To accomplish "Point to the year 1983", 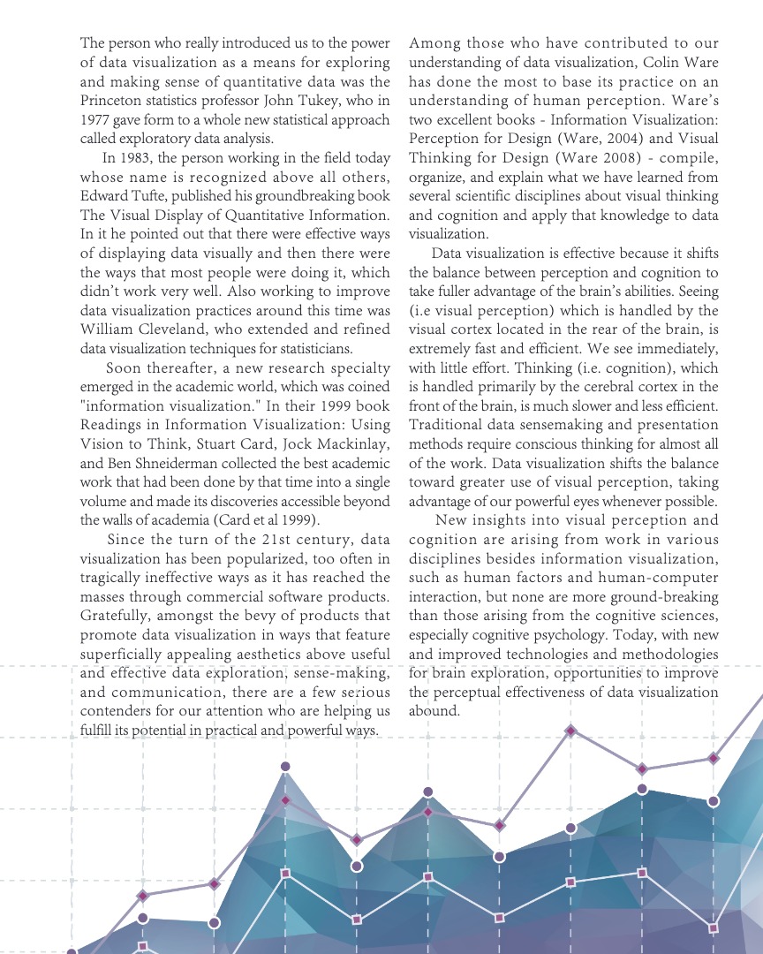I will click(142, 159).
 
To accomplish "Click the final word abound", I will click(434, 711).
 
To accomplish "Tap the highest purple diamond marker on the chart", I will click(571, 731).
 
